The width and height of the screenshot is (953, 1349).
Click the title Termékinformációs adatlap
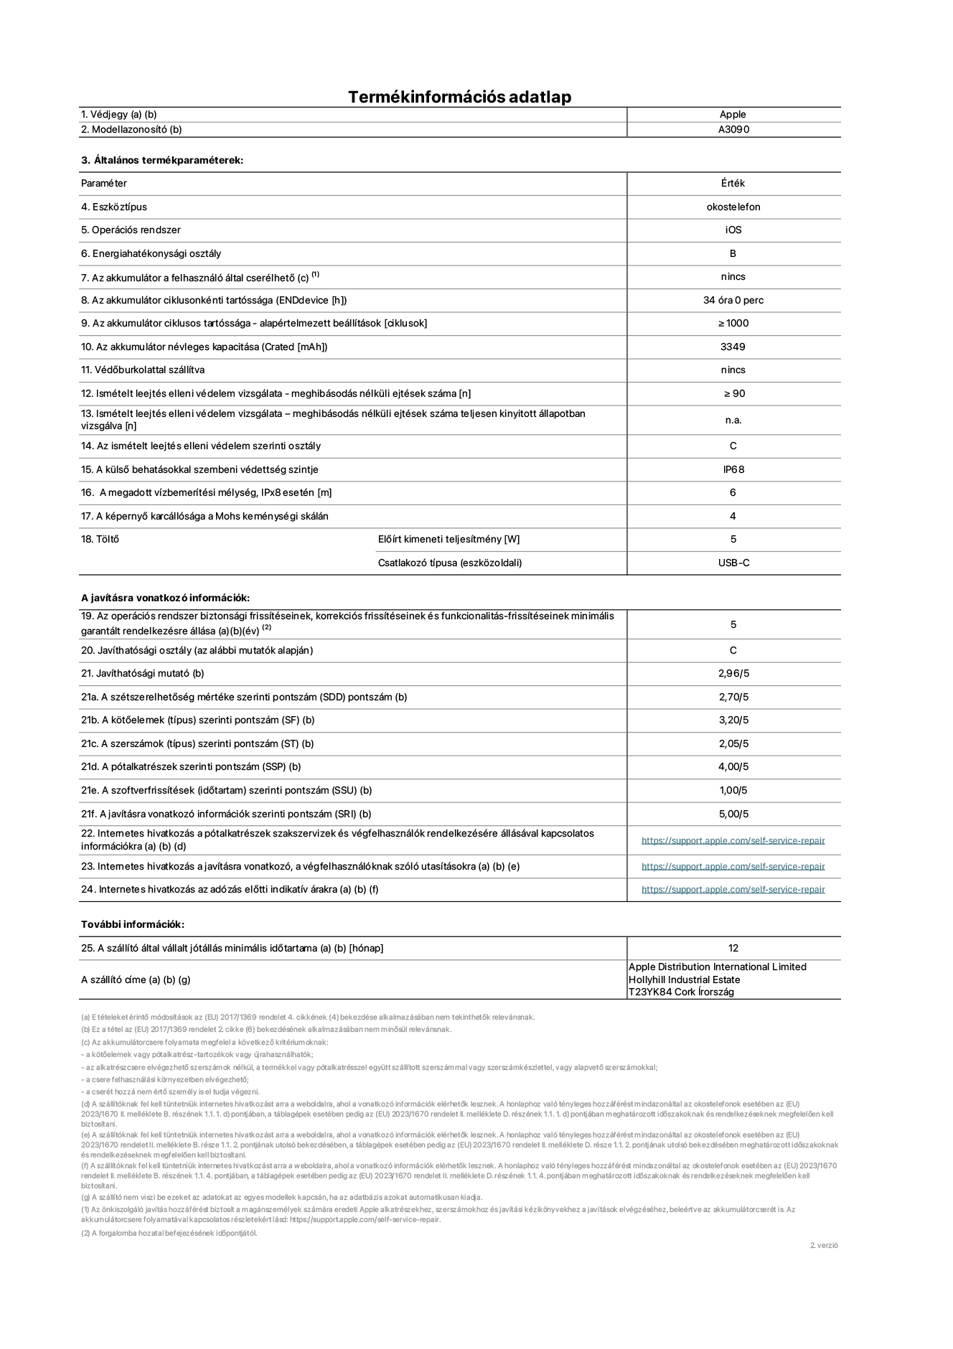point(459,97)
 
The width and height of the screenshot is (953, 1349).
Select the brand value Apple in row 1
point(733,115)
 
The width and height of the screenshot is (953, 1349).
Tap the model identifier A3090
point(733,130)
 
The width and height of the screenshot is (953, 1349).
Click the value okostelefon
point(733,207)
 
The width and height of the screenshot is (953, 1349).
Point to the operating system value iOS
point(733,230)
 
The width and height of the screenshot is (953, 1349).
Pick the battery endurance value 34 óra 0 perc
point(733,301)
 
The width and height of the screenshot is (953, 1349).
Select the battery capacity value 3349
point(733,347)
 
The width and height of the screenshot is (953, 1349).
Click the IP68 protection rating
point(733,470)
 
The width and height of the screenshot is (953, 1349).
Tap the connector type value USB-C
point(733,563)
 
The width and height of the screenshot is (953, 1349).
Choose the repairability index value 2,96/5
point(733,674)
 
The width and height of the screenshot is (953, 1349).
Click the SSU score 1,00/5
point(733,791)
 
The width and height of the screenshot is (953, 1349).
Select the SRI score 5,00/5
point(733,814)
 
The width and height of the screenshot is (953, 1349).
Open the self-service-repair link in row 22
point(733,841)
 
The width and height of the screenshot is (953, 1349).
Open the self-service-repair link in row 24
point(733,890)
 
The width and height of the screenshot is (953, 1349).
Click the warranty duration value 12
point(733,949)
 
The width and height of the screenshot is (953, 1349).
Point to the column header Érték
point(733,184)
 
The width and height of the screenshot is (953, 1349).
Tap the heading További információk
point(133,925)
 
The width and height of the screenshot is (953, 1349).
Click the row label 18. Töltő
point(100,540)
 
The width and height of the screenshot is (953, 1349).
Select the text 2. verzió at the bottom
point(824,1246)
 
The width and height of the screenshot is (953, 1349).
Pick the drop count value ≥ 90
point(733,394)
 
